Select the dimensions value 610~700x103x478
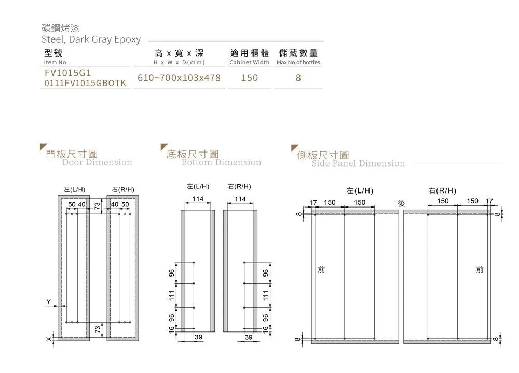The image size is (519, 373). coord(179,78)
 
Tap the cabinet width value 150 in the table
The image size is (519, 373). coord(249,78)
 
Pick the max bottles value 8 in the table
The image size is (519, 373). coord(298,78)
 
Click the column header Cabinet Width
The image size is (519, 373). coord(249,62)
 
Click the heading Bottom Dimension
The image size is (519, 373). coord(221,162)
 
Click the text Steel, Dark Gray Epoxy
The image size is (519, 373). coord(91,39)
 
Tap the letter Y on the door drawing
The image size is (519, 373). coord(48,301)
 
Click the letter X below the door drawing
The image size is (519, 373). coord(48,339)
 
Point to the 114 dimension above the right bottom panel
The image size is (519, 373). coord(240,199)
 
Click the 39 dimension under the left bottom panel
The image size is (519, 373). coord(198,338)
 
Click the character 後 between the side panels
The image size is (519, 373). coord(401,203)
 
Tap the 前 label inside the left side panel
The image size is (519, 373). coord(321,270)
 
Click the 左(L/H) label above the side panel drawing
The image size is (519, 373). coord(360,190)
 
